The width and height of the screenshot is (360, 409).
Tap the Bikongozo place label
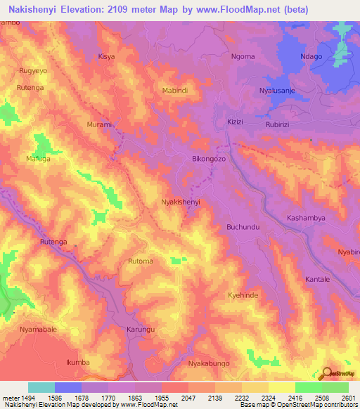(x=209, y=160)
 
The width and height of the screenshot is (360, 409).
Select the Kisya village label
(x=106, y=56)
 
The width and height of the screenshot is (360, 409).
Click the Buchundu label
(x=243, y=227)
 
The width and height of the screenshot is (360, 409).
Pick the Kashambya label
(x=306, y=219)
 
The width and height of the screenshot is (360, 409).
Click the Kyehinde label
(x=243, y=296)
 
